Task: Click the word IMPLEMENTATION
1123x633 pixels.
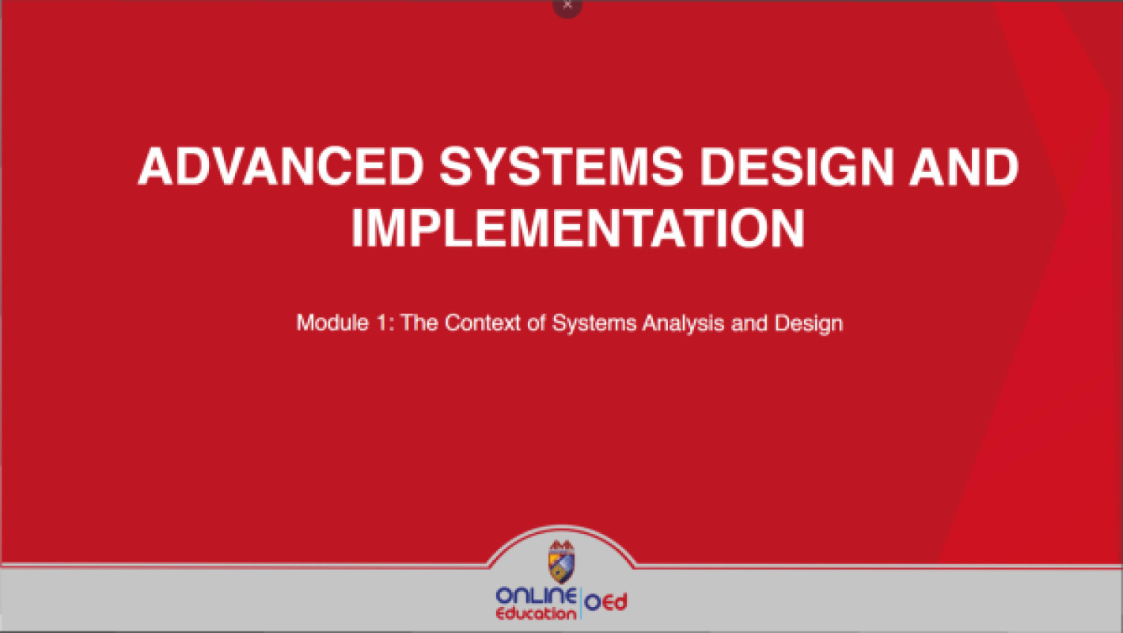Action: (578, 229)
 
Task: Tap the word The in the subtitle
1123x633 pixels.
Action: (420, 323)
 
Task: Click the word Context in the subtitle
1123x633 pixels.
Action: (485, 323)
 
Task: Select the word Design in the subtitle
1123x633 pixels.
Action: (809, 323)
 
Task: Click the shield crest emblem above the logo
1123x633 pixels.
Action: (562, 563)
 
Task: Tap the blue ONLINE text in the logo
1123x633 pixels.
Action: (537, 596)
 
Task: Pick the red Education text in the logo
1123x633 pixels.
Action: (537, 613)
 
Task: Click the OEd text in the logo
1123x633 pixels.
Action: (606, 603)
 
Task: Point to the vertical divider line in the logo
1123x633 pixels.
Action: (582, 604)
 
